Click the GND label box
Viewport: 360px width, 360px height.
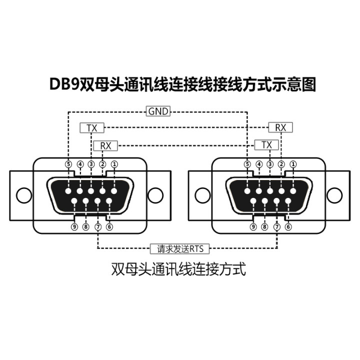click(x=158, y=111)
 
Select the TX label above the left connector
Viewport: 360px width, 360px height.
click(x=91, y=128)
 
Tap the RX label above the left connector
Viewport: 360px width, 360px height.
click(x=106, y=145)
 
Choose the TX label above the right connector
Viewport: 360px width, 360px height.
click(x=266, y=145)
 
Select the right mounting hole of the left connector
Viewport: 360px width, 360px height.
click(x=156, y=194)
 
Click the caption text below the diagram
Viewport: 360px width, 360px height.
click(x=179, y=270)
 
